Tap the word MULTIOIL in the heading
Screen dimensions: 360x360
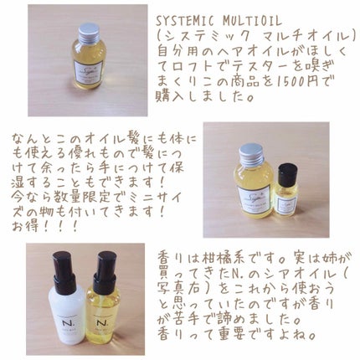point(252,21)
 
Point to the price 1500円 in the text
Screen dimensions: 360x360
point(296,81)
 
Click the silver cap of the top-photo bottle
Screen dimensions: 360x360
point(89,32)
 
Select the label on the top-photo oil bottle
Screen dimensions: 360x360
point(89,71)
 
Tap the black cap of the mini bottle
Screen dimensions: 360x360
point(287,172)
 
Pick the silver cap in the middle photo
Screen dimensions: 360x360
point(251,154)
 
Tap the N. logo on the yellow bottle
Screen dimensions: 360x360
point(100,324)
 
